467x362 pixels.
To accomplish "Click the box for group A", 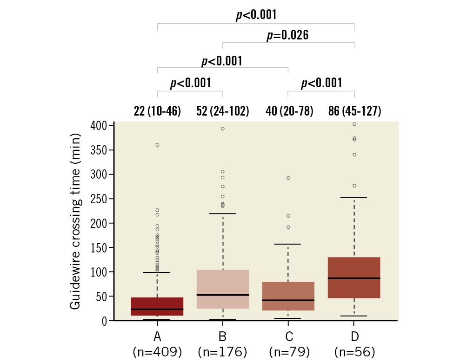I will (157, 306).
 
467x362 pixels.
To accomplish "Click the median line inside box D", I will (354, 278).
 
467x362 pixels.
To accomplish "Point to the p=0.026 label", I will (287, 36).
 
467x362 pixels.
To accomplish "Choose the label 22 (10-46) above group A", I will (157, 111).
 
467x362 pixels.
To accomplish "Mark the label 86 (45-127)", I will (354, 111).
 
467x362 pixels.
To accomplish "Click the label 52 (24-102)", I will (222, 111).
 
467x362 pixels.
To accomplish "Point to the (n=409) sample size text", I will (157, 352).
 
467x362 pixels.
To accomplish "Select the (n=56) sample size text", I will (354, 352).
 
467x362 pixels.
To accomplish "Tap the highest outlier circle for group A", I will (157, 145).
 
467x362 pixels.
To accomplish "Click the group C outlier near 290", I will (288, 178).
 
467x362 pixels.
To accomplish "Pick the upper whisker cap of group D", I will (354, 197).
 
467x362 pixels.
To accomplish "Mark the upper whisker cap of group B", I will (223, 213).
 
